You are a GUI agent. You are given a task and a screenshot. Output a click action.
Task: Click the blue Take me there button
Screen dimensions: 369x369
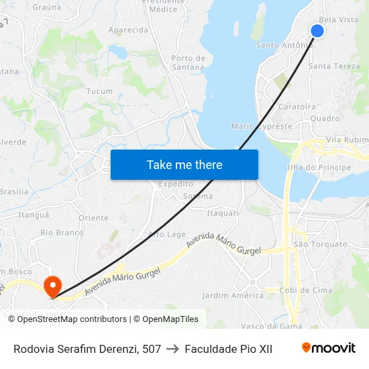point(184,164)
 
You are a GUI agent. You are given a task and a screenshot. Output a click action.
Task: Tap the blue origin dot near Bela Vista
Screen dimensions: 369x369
point(317,31)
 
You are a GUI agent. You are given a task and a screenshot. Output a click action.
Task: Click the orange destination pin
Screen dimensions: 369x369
point(52,288)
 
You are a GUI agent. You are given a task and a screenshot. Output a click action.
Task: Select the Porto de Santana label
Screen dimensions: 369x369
point(188,62)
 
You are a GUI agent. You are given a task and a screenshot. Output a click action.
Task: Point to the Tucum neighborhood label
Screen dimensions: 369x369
point(99,91)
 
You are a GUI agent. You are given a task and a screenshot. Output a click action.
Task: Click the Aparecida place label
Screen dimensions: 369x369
point(128,30)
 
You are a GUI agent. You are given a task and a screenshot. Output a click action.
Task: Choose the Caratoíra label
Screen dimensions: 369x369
point(297,107)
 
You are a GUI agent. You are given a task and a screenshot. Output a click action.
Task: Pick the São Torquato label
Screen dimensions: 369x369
point(319,245)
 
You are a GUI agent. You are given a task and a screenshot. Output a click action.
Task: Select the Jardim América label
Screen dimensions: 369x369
point(233,295)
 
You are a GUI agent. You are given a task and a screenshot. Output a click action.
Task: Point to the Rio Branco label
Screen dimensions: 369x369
point(62,233)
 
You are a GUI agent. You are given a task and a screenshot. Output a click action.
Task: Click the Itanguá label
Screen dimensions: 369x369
point(34,215)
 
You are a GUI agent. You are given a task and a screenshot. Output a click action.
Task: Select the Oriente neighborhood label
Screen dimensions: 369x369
point(93,218)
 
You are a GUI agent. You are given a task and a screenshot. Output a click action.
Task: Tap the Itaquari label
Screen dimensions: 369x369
point(223,213)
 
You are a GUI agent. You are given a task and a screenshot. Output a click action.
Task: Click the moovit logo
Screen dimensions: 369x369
point(329,348)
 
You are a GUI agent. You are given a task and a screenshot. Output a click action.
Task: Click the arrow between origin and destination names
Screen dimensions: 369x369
point(172,349)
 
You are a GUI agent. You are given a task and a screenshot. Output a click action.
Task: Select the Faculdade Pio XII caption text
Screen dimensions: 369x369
point(228,349)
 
